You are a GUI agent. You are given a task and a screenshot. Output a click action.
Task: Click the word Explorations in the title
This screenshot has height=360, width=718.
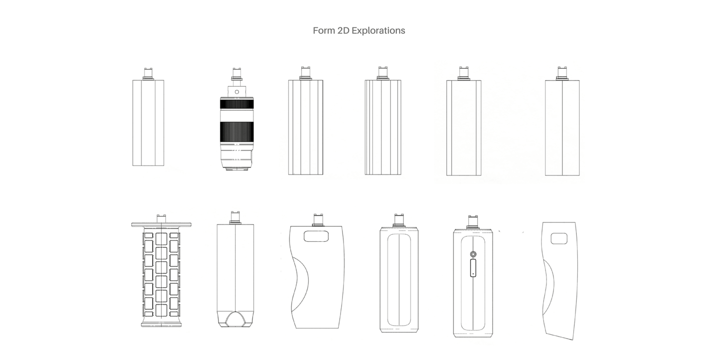378,31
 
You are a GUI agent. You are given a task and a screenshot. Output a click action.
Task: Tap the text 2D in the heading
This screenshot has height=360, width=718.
343,30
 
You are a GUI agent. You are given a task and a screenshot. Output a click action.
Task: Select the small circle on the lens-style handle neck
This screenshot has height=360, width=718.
237,92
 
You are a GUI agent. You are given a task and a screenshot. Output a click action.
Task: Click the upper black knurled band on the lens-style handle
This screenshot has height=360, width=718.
237,104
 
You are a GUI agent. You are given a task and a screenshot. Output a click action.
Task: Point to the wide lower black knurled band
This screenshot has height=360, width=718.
237,132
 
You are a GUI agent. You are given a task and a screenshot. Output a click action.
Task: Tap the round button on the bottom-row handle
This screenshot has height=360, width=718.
473,254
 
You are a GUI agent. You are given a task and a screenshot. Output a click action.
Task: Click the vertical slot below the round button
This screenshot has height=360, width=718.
473,268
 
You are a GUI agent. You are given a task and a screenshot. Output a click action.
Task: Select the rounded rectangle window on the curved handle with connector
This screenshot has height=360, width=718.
316,236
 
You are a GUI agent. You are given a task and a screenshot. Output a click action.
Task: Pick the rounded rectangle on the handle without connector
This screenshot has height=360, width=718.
559,238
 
